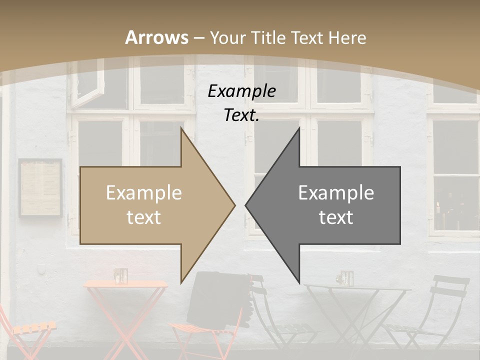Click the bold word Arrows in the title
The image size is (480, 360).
point(156,37)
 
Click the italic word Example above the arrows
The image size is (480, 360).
point(241,91)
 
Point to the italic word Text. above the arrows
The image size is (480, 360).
point(241,115)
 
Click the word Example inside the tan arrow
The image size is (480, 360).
point(143,193)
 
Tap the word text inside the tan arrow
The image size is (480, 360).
point(143,217)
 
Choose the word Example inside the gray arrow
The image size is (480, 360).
point(336,193)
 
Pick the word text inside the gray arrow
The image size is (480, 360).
point(336,217)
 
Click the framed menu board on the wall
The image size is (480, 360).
point(40,188)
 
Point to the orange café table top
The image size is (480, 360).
point(125,284)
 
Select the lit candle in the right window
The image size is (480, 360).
point(438,207)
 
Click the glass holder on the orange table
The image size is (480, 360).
point(120,275)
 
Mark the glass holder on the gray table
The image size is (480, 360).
point(345,277)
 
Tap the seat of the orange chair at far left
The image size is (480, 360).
point(33,328)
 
